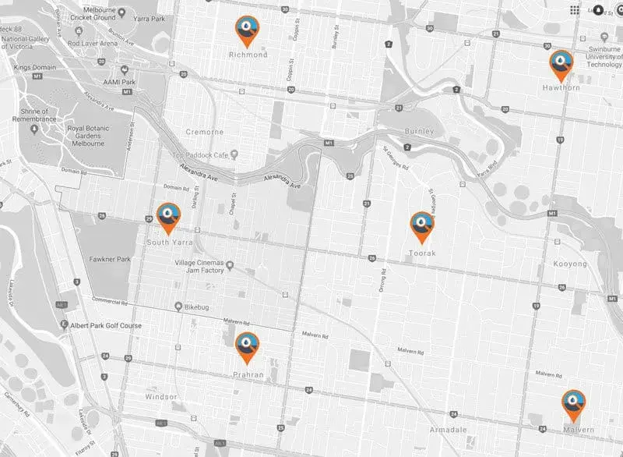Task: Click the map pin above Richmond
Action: (248, 30)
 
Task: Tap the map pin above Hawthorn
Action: (561, 64)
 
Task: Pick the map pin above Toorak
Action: (421, 225)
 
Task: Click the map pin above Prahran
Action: (247, 346)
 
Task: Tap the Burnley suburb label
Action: (419, 131)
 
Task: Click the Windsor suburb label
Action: (161, 397)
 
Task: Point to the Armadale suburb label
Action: (449, 430)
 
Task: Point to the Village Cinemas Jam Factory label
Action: (206, 266)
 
